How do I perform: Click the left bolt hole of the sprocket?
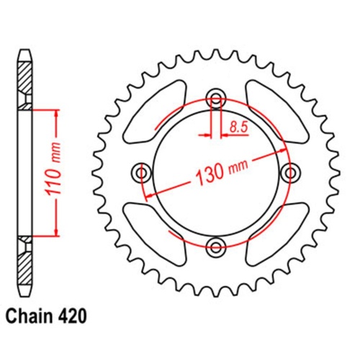141,174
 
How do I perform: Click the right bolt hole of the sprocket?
290,174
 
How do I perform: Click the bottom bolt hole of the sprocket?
215,248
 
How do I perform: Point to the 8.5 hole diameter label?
239,127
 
